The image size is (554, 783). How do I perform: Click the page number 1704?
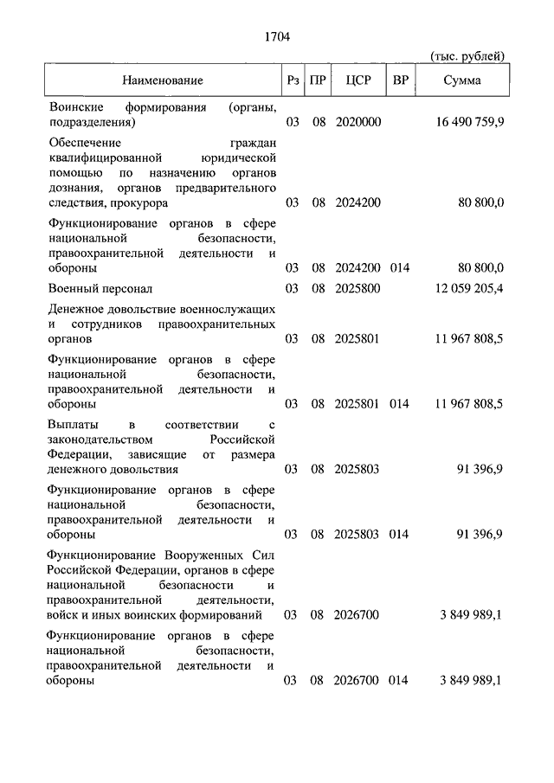[276, 36]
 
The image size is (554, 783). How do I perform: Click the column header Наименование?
[163, 80]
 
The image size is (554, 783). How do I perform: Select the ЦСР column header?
[358, 80]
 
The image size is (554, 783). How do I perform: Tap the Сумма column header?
[462, 80]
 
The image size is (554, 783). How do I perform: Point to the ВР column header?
[400, 80]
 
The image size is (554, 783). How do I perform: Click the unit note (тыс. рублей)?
[467, 56]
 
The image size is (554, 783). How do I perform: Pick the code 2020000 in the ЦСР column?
[358, 123]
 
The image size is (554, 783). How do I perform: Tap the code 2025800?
[358, 288]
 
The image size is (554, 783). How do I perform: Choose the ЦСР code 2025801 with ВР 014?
[358, 403]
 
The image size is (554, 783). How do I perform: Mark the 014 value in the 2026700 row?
[400, 681]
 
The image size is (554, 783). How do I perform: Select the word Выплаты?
[72, 425]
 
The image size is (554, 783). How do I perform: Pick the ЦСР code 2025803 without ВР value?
[358, 469]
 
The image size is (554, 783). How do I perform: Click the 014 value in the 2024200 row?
[400, 267]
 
